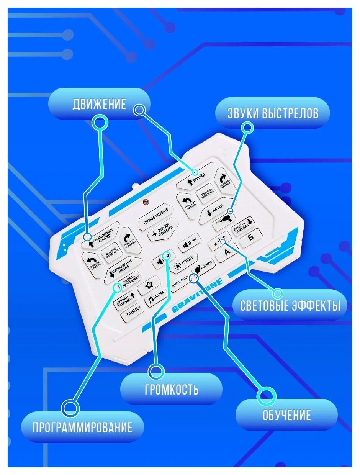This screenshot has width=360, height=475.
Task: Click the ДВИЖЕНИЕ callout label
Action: [x=99, y=105]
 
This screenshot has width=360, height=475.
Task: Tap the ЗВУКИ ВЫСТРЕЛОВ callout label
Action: [x=272, y=113]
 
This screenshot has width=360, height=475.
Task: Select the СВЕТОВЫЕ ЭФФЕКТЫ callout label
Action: [x=290, y=306]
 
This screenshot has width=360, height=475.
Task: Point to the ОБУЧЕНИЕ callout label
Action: [x=286, y=415]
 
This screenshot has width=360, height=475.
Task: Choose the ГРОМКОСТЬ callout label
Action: [x=172, y=390]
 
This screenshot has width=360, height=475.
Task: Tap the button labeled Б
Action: [x=251, y=236]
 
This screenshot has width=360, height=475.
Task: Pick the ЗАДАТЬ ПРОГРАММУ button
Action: [x=128, y=283]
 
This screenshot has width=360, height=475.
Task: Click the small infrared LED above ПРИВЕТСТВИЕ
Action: [x=145, y=201]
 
